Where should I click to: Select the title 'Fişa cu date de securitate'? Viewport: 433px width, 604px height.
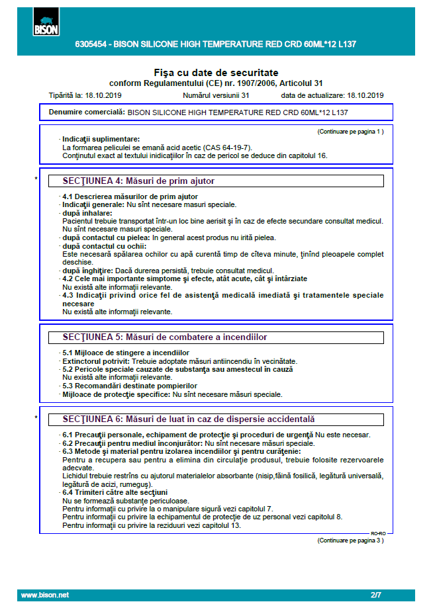[x=216, y=72]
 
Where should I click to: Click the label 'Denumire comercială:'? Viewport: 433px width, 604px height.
[x=87, y=112]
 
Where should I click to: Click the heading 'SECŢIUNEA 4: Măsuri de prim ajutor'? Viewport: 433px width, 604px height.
[x=138, y=181]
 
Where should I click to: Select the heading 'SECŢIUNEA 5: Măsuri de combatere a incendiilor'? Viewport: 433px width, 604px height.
[x=164, y=337]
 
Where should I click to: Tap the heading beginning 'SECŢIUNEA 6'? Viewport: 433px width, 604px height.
[x=188, y=419]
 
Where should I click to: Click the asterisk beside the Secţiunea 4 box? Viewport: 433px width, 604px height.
[x=36, y=179]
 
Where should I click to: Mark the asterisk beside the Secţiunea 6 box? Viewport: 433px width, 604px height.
[x=36, y=417]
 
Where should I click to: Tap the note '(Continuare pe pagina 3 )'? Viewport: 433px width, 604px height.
[x=350, y=540]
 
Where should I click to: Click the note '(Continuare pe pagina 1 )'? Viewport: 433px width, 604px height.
[x=350, y=132]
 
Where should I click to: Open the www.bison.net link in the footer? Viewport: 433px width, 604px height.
[x=45, y=595]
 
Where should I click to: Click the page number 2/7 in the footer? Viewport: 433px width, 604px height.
[x=376, y=595]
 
